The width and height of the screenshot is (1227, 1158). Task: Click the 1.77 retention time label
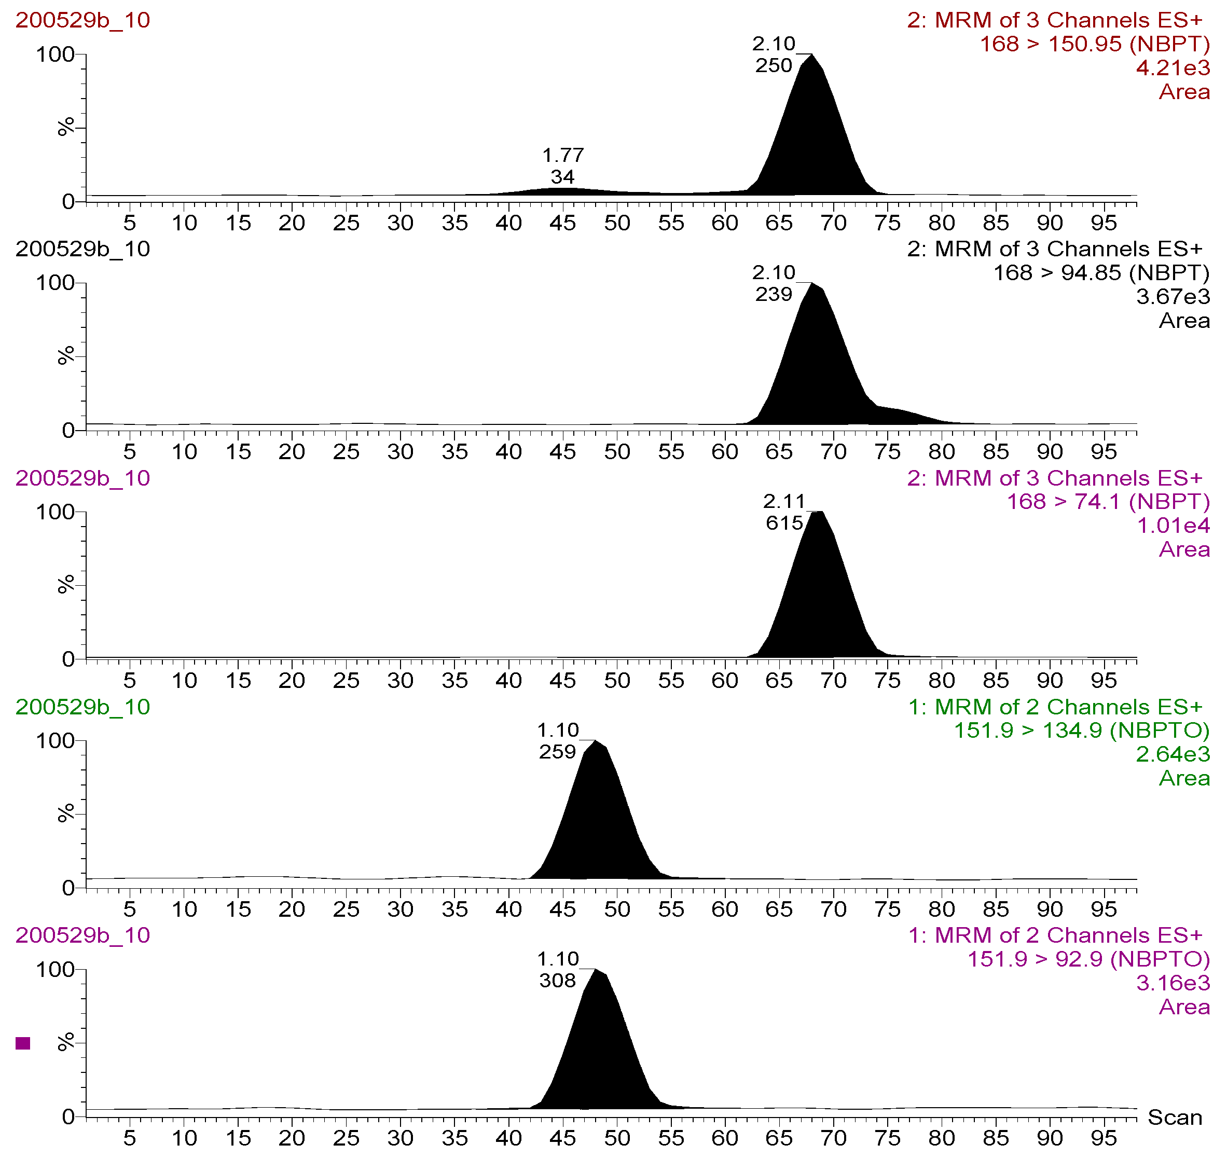click(562, 155)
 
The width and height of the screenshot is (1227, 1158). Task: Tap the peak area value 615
click(784, 523)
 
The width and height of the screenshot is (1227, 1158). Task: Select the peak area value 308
click(557, 981)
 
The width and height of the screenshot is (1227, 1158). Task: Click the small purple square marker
click(23, 1043)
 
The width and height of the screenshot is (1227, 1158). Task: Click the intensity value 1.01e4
click(1173, 526)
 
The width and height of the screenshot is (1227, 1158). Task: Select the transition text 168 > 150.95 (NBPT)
click(1094, 45)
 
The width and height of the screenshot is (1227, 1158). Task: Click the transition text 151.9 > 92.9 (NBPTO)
click(1088, 959)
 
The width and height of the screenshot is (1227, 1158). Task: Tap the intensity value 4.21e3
click(1173, 68)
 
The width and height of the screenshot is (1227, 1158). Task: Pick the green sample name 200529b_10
click(82, 707)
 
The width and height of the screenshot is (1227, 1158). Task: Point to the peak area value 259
click(557, 752)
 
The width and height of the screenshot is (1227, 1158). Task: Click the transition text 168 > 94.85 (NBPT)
click(1100, 273)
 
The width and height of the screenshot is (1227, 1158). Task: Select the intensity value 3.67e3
click(1173, 297)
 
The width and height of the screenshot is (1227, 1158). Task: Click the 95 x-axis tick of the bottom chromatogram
click(1104, 1138)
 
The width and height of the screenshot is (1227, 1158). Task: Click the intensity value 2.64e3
click(1173, 754)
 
